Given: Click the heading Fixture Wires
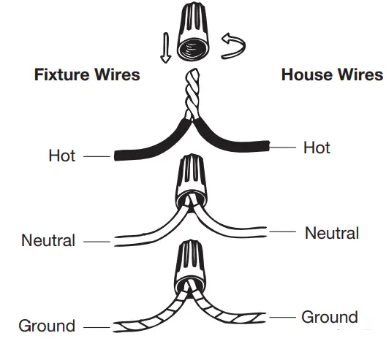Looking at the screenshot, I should click(x=87, y=74).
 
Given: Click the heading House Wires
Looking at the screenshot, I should click(x=331, y=74).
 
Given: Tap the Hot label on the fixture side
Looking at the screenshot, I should click(x=62, y=156).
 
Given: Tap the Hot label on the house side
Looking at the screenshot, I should click(x=317, y=148).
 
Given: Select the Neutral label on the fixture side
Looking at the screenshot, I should click(x=48, y=240).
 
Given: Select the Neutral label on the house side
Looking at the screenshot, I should click(x=332, y=233).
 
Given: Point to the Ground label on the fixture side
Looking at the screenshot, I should click(x=47, y=325).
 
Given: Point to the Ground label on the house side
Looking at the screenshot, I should click(x=330, y=317).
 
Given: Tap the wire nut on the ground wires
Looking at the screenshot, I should click(x=192, y=266).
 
